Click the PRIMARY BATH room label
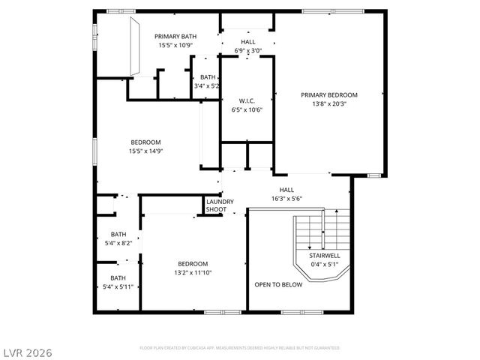click(176, 36)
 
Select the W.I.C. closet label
click(247, 101)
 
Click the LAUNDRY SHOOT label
click(220, 205)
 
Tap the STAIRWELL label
click(325, 256)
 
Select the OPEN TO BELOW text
click(278, 285)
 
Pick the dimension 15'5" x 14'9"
click(146, 151)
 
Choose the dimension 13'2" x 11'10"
click(193, 272)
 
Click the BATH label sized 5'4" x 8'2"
click(118, 234)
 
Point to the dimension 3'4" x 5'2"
click(207, 86)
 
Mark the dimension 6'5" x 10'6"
click(247, 110)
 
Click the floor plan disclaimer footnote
click(239, 348)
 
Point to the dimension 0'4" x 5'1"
click(325, 264)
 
